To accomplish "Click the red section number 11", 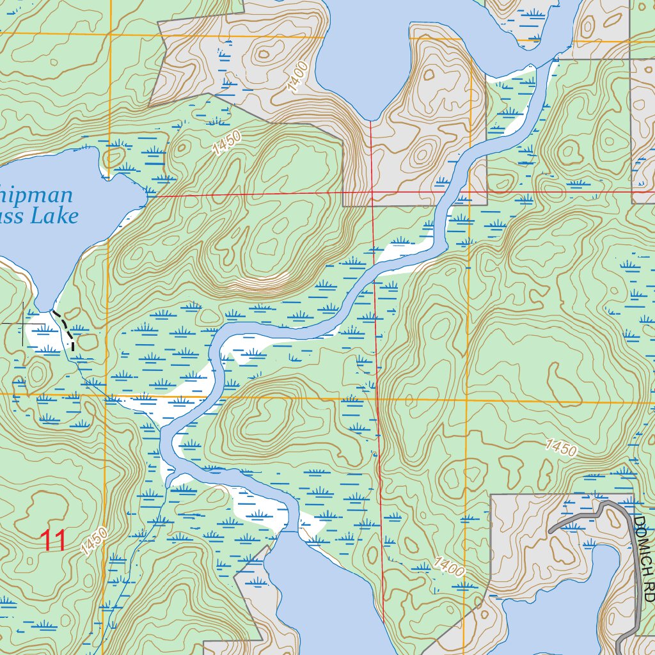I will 54,541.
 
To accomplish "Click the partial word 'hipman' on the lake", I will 36,195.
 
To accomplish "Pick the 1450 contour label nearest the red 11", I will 95,541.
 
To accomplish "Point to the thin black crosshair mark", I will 24,324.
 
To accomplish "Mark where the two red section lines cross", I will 372,191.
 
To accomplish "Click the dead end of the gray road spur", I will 551,532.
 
